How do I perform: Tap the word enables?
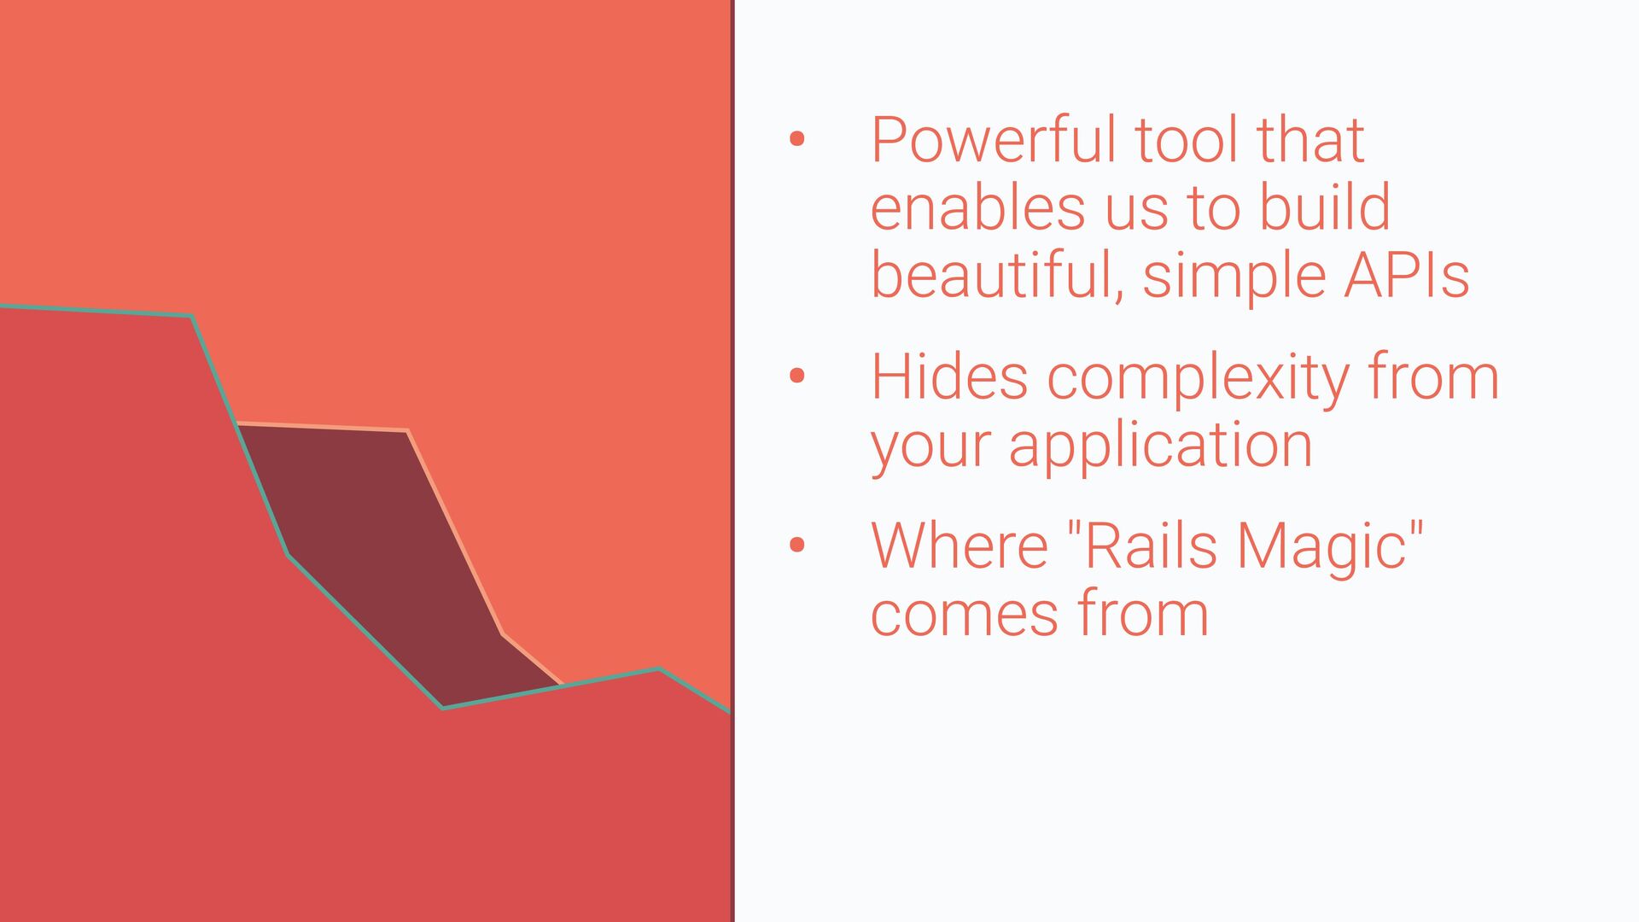coord(978,207)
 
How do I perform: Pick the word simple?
coord(1234,277)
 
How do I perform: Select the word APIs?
coord(1407,275)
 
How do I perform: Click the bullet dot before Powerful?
coord(797,139)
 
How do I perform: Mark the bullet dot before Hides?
coord(797,376)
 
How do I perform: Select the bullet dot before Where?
coord(797,545)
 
